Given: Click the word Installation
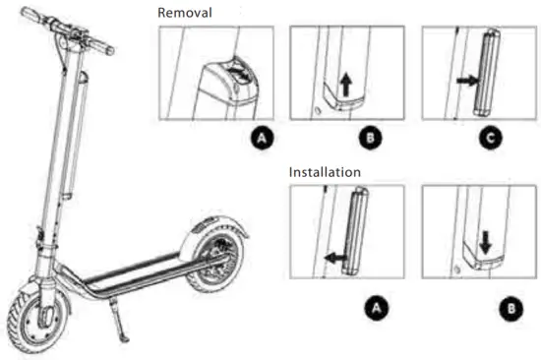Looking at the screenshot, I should (325, 172).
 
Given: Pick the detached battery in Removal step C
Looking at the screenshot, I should (487, 74).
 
